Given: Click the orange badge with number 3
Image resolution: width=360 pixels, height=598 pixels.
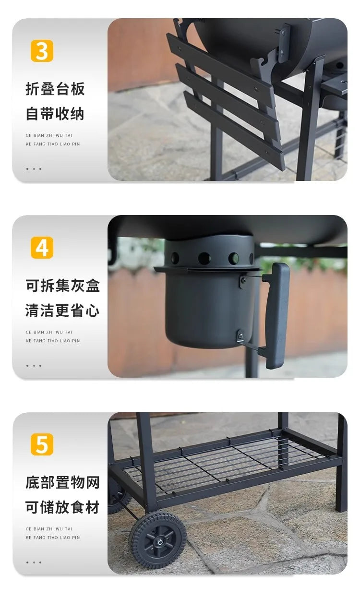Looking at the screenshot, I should (42, 51).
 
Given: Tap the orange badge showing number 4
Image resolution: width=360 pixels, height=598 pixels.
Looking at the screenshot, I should (42, 248).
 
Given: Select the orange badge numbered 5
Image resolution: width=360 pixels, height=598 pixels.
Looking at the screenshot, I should (42, 444).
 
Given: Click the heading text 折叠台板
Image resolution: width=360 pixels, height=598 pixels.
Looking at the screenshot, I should (55, 89).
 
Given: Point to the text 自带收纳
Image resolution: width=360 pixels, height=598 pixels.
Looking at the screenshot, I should (55, 114).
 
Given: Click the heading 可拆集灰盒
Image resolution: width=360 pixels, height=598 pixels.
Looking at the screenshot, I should (63, 286).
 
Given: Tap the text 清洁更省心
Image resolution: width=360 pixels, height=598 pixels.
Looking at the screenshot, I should (63, 311).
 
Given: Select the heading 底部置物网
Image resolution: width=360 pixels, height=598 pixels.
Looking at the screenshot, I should (63, 482).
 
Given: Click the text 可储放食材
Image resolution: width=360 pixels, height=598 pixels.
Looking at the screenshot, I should (63, 507).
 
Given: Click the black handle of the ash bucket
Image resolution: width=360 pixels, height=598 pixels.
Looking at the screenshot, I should (277, 315).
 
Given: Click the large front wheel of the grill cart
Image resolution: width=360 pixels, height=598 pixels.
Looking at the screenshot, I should (157, 540).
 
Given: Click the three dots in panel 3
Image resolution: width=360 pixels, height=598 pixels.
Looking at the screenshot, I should (34, 169).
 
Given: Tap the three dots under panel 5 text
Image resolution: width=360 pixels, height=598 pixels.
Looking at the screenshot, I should (34, 562).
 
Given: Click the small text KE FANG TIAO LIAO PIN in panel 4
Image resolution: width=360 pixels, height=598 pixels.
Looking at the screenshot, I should (53, 341).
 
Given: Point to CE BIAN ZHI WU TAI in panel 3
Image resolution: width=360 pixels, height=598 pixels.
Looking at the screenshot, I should (49, 135).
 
